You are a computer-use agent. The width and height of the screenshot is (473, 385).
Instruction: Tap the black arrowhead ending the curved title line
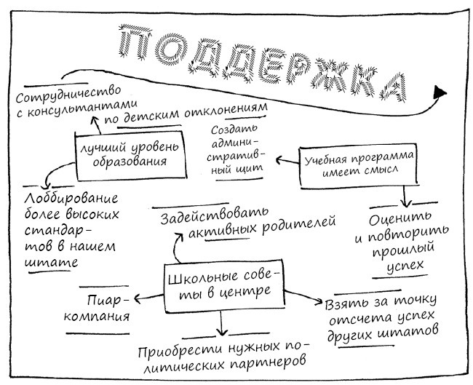(439, 91)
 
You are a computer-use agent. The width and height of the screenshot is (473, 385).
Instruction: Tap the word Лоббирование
(70, 199)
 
